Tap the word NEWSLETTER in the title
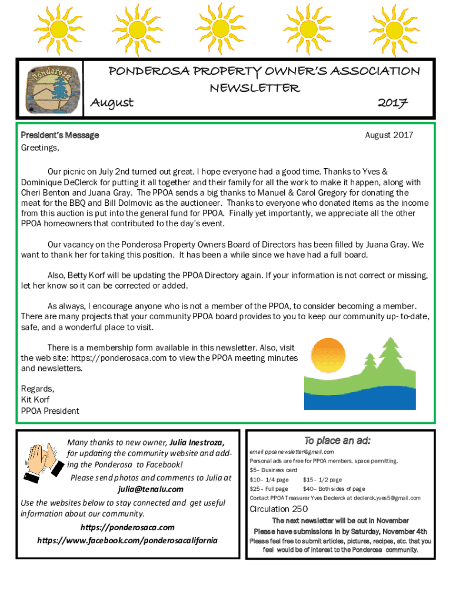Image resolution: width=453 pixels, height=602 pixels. (x=255, y=88)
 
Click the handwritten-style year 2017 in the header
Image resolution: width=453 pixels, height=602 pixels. (x=394, y=103)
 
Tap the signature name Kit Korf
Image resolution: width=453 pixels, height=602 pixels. (x=35, y=400)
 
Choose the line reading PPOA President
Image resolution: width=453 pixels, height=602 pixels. (x=50, y=411)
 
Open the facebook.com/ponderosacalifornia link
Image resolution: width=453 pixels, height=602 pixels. (x=127, y=540)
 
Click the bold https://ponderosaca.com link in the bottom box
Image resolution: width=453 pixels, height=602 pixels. (x=127, y=527)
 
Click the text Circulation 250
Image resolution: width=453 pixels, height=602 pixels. (x=279, y=509)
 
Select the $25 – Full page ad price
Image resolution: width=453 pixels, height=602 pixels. (x=269, y=489)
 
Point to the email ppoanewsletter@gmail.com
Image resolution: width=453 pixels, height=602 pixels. (x=292, y=451)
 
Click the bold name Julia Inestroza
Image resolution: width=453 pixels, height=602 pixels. (x=197, y=442)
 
